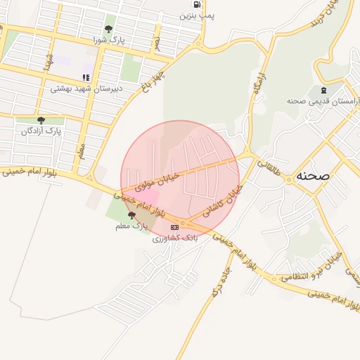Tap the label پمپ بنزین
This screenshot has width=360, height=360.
pyautogui.click(x=197, y=15)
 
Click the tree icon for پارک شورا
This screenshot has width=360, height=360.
pyautogui.click(x=108, y=29)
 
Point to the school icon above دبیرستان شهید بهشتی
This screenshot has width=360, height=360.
pyautogui.click(x=86, y=77)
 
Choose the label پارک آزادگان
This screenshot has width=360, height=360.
pyautogui.click(x=41, y=131)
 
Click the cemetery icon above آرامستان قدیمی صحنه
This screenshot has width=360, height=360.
pyautogui.click(x=323, y=90)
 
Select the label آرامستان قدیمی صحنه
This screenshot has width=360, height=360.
pyautogui.click(x=323, y=101)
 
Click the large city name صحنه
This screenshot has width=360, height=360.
pyautogui.click(x=313, y=175)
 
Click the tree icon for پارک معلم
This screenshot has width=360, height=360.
pyautogui.click(x=131, y=215)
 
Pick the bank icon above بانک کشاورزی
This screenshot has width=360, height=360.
pyautogui.click(x=175, y=227)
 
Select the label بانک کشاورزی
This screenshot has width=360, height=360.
pyautogui.click(x=175, y=238)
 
